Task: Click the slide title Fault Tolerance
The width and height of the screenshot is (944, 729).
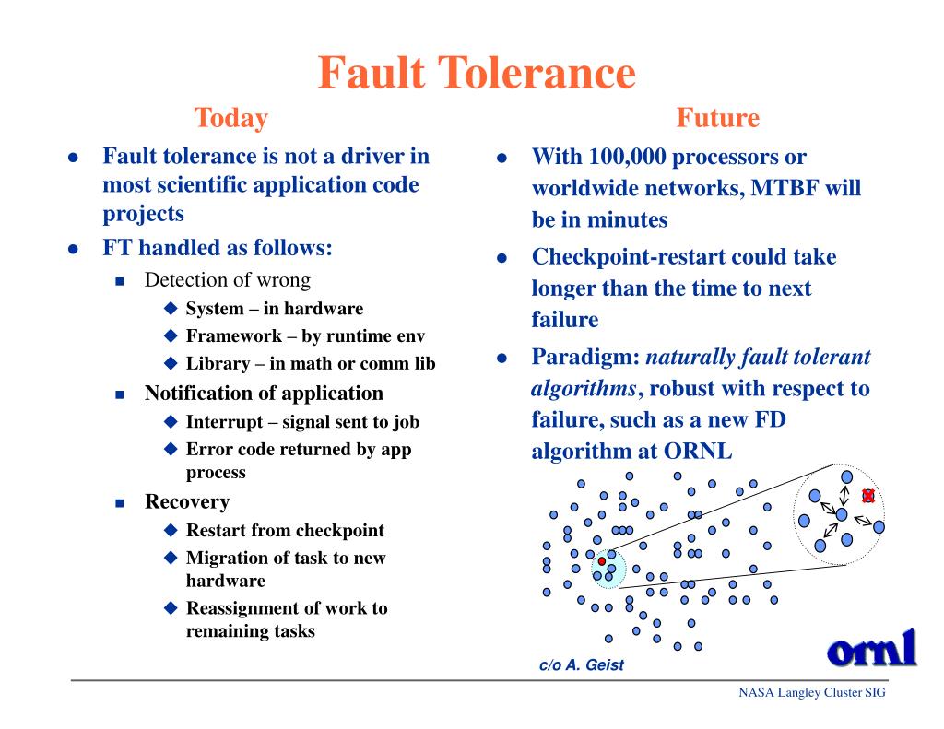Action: [477, 73]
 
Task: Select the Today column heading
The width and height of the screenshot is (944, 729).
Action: [230, 118]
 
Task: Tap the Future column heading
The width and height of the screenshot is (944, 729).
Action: [717, 118]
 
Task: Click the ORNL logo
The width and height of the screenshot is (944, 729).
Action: [872, 647]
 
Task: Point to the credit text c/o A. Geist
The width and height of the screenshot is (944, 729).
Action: [581, 665]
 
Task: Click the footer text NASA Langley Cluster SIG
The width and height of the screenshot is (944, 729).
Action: [811, 693]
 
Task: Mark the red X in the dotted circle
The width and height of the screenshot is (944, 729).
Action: [867, 496]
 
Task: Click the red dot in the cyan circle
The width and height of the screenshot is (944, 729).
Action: [602, 561]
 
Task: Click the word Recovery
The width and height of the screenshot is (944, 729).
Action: [187, 502]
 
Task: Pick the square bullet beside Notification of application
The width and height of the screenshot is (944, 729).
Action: [119, 394]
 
